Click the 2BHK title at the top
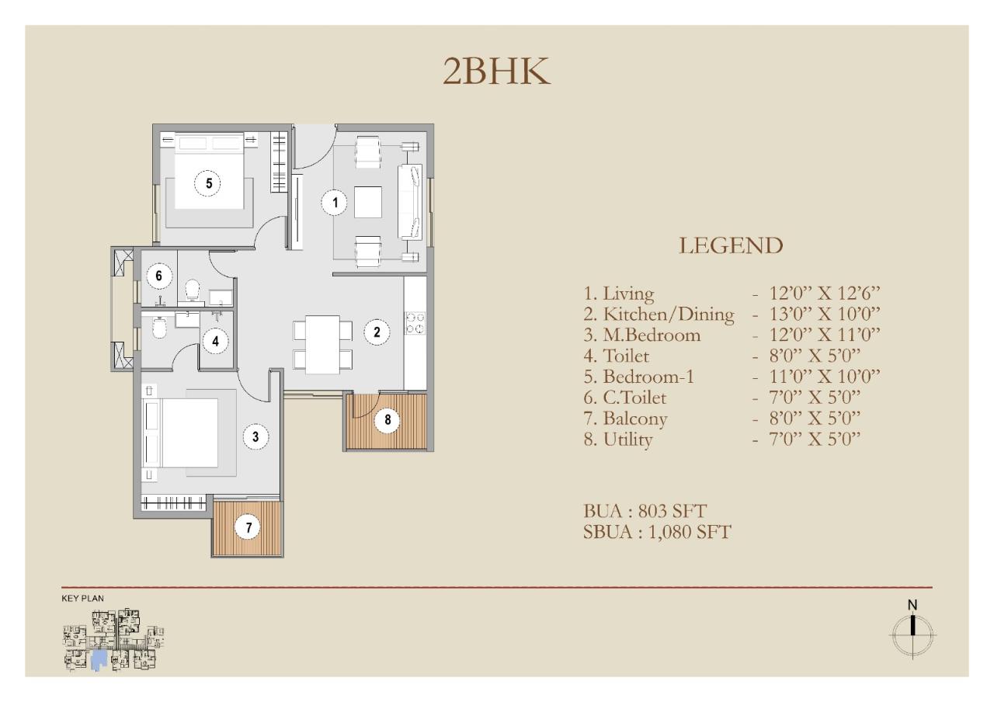496,71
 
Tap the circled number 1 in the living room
335,203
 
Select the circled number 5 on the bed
209,182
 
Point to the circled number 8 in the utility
388,419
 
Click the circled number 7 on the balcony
248,527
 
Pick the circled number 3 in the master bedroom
255,436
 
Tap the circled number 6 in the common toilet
159,276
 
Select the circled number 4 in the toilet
216,341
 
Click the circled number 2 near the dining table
377,332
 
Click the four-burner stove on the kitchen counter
415,323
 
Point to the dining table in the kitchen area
322,345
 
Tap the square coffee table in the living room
368,202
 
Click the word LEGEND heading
731,246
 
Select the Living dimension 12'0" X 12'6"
825,294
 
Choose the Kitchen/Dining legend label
659,315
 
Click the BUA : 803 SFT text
645,511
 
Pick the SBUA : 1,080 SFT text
657,532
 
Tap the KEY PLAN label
82,598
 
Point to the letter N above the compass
912,605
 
